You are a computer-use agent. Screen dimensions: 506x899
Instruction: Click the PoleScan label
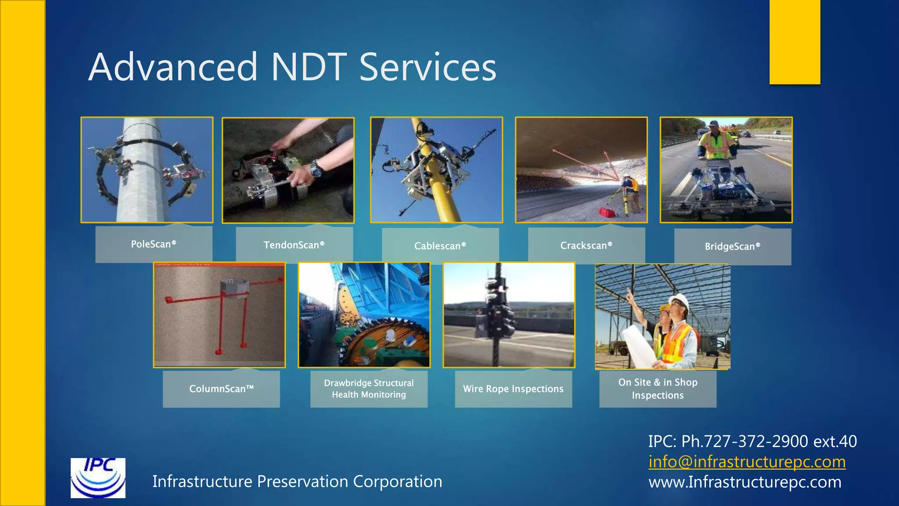(154, 244)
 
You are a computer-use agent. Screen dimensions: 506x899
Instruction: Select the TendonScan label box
(294, 245)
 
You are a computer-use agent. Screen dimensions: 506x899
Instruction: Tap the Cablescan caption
(440, 246)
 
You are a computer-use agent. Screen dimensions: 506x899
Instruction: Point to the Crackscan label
(586, 246)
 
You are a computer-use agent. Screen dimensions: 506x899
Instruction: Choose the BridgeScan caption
(733, 246)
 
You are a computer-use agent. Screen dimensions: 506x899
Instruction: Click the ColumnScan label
(221, 389)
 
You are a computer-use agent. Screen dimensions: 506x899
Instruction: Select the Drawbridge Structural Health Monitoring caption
(369, 389)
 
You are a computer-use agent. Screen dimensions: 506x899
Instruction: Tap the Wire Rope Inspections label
(513, 389)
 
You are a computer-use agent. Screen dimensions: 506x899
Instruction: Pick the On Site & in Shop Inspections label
(658, 389)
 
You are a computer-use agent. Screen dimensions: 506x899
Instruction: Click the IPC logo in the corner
(98, 478)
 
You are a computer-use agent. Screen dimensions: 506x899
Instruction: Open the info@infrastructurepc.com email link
(747, 462)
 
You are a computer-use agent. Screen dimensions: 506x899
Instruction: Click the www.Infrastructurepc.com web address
(745, 482)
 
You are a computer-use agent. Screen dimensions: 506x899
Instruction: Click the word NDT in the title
(309, 67)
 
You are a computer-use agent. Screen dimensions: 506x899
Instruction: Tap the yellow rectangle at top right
(795, 42)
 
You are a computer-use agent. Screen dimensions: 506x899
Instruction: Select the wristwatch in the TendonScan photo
(316, 168)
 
